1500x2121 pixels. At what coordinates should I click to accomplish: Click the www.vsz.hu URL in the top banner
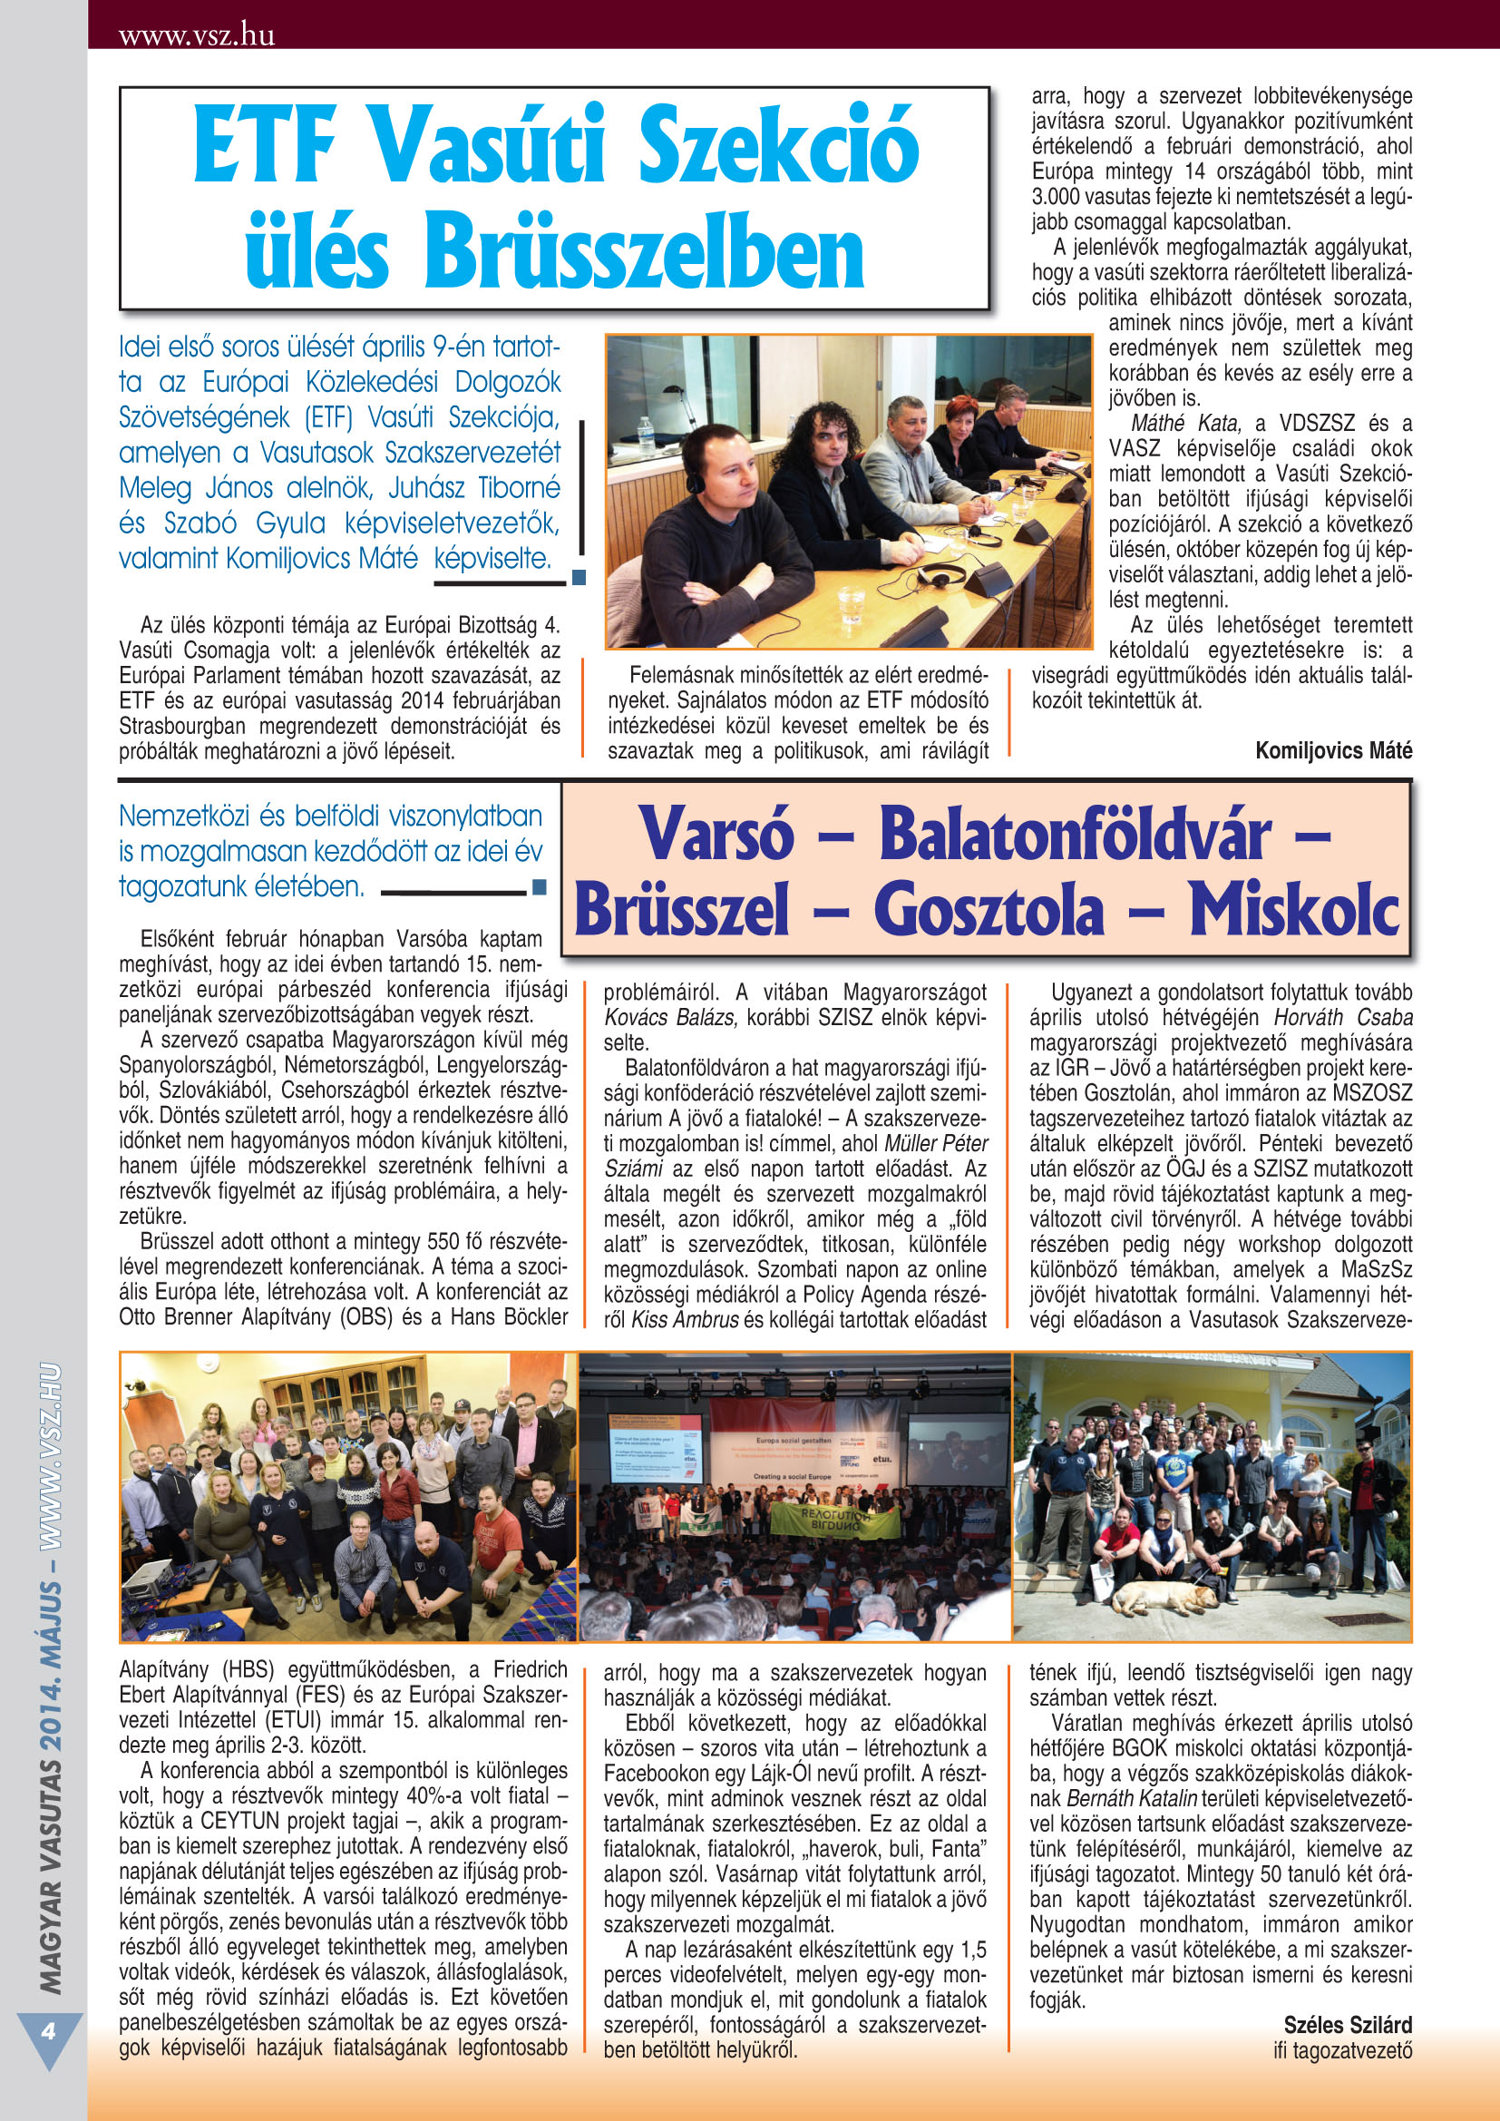tap(197, 36)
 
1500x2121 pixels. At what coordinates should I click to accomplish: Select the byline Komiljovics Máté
tap(1333, 750)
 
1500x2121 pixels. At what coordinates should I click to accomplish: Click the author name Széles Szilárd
tap(1347, 2025)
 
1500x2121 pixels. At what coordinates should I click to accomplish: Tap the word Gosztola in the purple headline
tap(989, 910)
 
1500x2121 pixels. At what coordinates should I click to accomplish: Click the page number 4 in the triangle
tap(47, 2032)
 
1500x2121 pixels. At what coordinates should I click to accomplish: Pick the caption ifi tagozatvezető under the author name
tap(1342, 2050)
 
